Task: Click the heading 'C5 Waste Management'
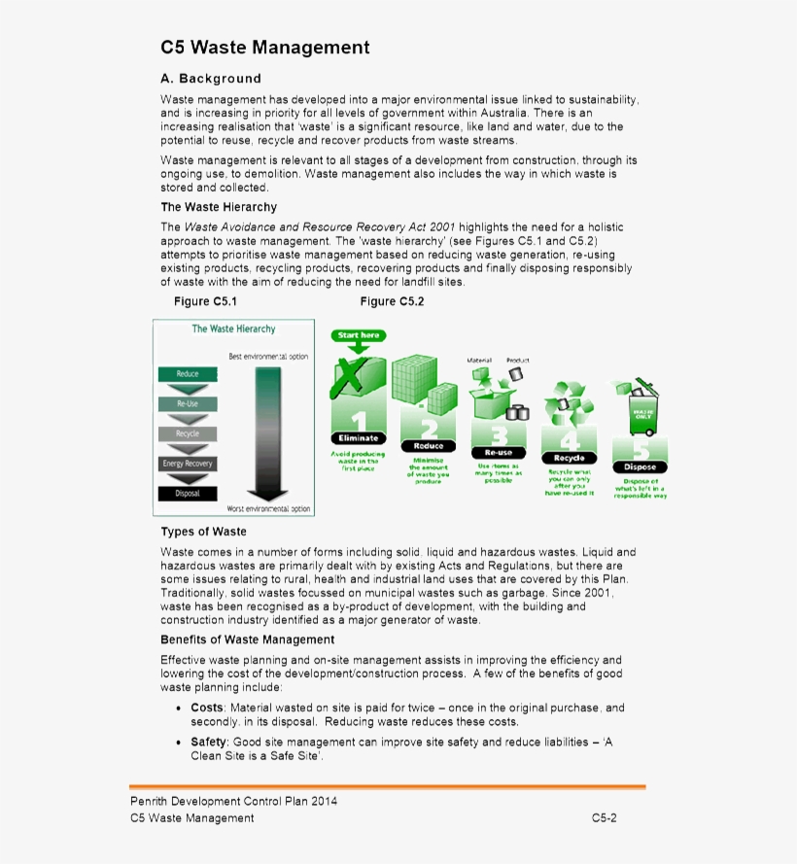click(264, 48)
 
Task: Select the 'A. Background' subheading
click(211, 79)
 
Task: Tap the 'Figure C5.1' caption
click(205, 301)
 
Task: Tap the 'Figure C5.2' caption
click(392, 301)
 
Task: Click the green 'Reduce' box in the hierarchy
click(188, 374)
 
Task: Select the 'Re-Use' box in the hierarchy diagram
click(188, 403)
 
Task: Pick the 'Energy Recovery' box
click(188, 464)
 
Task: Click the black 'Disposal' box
click(188, 494)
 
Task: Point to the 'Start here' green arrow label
click(360, 335)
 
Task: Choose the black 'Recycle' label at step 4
click(570, 458)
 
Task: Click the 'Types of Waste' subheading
click(203, 532)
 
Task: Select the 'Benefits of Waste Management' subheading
click(247, 639)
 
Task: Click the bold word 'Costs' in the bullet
click(206, 708)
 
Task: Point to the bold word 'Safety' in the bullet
click(208, 743)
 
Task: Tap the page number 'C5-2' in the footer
click(604, 818)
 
